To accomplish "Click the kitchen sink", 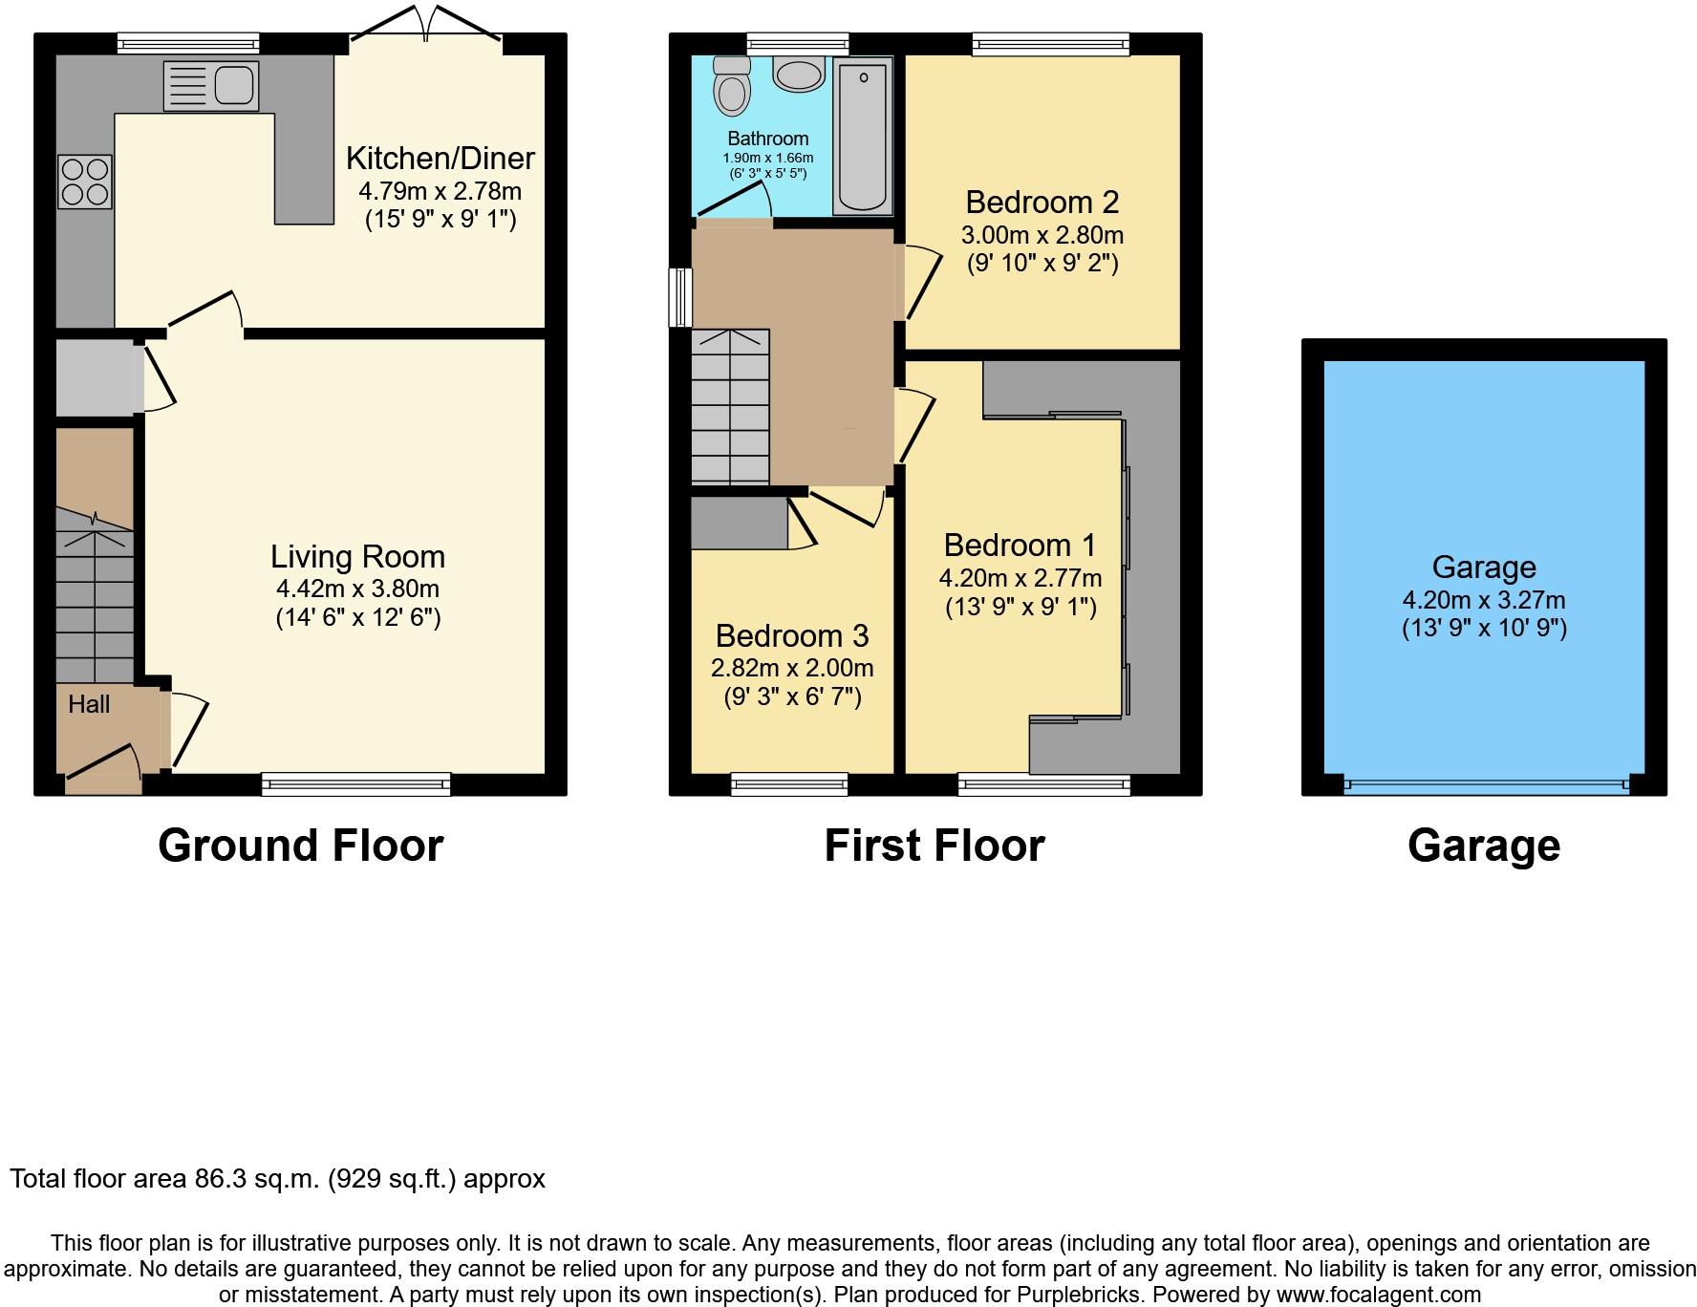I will coord(211,86).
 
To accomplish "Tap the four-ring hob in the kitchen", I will coord(85,182).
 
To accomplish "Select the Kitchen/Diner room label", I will coord(440,159).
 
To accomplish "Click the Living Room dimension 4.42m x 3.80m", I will coord(357,589).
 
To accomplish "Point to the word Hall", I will coord(89,705).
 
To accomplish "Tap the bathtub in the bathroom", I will coord(863,135).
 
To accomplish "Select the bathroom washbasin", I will coord(798,74).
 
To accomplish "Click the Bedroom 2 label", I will coord(1042,203).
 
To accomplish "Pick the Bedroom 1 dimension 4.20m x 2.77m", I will coord(1020,579).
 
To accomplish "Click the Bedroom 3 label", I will coord(792,636).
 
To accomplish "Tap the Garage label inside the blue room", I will coord(1483,568).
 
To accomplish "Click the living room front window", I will coord(355,784).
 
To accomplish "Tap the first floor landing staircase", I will coord(731,406).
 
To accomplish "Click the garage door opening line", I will coord(1484,786).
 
